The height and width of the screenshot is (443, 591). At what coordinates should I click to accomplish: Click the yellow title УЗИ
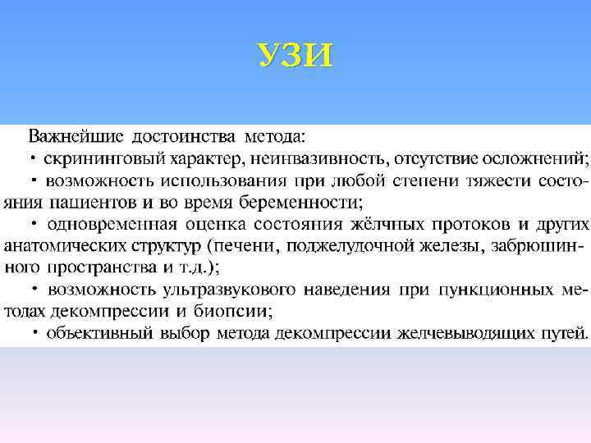click(x=295, y=56)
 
